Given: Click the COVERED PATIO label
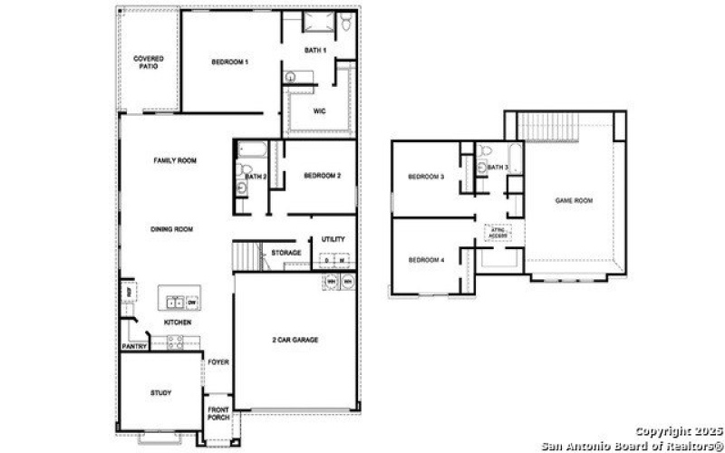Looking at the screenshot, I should (149, 63).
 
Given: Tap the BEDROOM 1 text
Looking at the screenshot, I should (230, 62).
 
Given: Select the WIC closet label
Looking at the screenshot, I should (319, 112).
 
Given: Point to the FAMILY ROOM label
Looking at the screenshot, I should (175, 160).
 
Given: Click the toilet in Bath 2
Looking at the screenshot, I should (243, 169).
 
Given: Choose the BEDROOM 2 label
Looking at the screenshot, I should (322, 176).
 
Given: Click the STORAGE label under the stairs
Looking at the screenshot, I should (286, 253).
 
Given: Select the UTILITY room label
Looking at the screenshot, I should (333, 239).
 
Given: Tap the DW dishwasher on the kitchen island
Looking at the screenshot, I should (193, 303).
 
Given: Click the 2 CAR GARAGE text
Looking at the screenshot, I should (295, 340).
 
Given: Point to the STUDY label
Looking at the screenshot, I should (160, 392).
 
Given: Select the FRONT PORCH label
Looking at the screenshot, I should (217, 413).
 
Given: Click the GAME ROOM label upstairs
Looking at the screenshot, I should (574, 200).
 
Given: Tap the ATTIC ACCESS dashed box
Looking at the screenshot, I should (499, 233).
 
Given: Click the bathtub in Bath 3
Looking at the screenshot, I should (515, 164).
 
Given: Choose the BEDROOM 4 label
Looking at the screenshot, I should (425, 260).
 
